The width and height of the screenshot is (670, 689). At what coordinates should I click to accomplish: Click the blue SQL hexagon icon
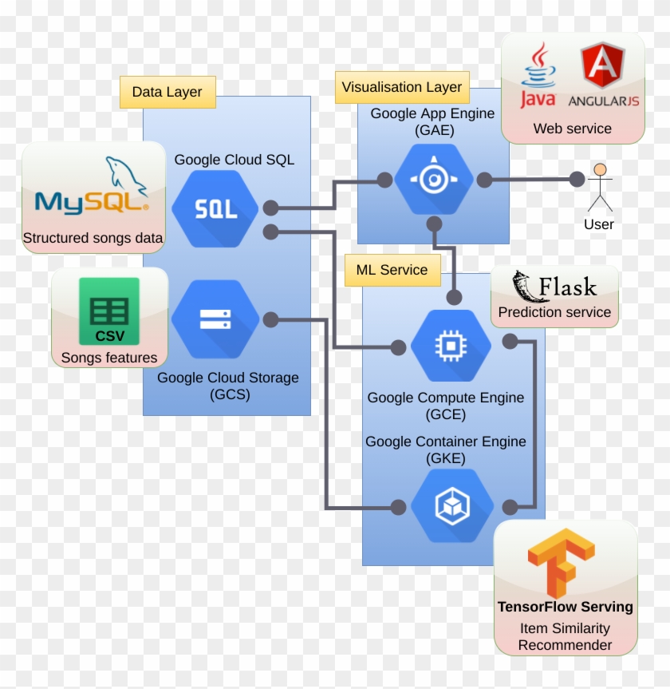(x=215, y=209)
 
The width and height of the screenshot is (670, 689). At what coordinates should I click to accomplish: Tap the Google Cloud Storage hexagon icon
(x=215, y=319)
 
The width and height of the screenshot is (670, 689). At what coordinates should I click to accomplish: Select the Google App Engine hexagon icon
(x=434, y=180)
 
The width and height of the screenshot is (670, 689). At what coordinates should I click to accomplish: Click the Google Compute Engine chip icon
(x=451, y=346)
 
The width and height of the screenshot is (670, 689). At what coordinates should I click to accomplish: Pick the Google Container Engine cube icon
(x=451, y=506)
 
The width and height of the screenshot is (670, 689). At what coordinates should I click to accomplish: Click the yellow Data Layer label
(x=167, y=92)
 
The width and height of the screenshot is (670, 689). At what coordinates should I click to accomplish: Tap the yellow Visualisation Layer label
(x=402, y=88)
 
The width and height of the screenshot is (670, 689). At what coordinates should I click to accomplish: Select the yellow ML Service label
(x=392, y=270)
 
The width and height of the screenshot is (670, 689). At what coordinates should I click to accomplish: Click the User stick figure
(x=600, y=188)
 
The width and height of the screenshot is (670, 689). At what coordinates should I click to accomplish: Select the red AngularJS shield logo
(x=603, y=68)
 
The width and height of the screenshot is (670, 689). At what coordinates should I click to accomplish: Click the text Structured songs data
(x=93, y=238)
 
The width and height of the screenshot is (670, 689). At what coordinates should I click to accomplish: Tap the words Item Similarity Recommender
(x=565, y=637)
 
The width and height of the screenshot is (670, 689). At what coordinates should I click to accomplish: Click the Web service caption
(x=572, y=129)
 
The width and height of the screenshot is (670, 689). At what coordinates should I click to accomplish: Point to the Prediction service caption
(x=554, y=312)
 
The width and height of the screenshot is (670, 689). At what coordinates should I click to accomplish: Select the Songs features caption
(x=109, y=358)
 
